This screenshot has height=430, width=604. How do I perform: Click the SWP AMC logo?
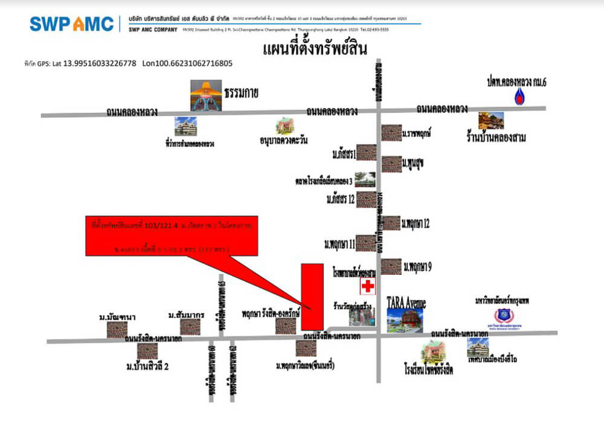72,24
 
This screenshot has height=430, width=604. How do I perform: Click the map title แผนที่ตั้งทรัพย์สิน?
315,48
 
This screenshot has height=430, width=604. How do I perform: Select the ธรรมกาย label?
241,93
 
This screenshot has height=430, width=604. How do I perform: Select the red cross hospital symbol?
367,287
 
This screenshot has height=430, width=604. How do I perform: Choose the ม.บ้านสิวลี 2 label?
147,366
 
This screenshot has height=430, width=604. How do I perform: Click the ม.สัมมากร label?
187,315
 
